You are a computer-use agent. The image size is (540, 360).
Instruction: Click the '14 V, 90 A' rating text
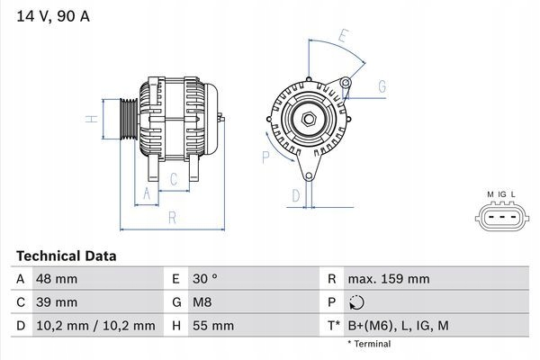click(53, 15)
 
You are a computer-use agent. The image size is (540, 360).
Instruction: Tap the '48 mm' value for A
click(56, 279)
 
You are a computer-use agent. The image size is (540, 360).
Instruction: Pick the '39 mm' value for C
click(56, 302)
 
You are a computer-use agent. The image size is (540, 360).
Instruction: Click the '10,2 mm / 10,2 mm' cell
click(95, 325)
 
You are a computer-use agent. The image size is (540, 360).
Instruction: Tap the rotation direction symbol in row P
click(357, 302)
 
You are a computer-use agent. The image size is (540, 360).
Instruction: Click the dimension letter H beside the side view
click(91, 119)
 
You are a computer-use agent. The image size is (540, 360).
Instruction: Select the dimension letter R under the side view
click(171, 218)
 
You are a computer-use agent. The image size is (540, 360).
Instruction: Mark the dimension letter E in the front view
click(343, 37)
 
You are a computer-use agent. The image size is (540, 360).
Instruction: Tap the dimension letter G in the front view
click(382, 86)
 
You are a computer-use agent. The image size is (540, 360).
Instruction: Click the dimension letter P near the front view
click(265, 157)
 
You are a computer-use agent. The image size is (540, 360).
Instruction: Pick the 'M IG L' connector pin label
click(501, 194)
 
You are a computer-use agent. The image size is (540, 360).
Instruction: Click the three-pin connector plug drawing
click(500, 218)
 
